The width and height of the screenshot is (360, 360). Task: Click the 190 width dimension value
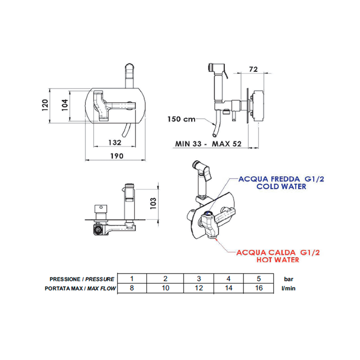pyautogui.click(x=117, y=156)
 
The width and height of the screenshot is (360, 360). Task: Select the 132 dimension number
pyautogui.click(x=115, y=143)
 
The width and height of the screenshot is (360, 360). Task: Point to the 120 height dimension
pyautogui.click(x=45, y=105)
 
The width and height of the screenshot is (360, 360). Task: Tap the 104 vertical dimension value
pyautogui.click(x=65, y=105)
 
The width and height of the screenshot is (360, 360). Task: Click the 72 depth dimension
pyautogui.click(x=253, y=69)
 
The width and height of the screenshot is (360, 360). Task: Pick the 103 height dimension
pyautogui.click(x=153, y=203)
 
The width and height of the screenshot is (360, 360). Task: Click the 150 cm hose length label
pyautogui.click(x=181, y=119)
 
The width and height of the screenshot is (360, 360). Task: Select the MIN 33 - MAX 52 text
pyautogui.click(x=208, y=144)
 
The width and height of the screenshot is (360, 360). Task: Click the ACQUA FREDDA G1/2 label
pyautogui.click(x=281, y=179)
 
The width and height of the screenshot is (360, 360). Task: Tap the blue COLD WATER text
pyautogui.click(x=281, y=186)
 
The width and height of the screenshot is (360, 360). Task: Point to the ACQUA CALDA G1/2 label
pyautogui.click(x=278, y=252)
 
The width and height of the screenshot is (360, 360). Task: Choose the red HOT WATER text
pyautogui.click(x=278, y=260)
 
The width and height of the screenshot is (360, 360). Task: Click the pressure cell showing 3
pyautogui.click(x=199, y=278)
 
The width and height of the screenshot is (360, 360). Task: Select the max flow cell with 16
pyautogui.click(x=259, y=288)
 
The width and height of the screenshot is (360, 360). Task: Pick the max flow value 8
pyautogui.click(x=132, y=288)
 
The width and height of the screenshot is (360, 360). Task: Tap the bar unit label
pyautogui.click(x=288, y=279)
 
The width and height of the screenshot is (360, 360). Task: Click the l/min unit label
pyautogui.click(x=288, y=288)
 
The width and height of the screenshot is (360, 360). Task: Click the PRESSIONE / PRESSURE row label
pyautogui.click(x=82, y=279)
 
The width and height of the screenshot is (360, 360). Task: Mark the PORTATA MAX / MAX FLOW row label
pyautogui.click(x=80, y=288)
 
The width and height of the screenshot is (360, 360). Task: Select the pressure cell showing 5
pyautogui.click(x=259, y=278)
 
